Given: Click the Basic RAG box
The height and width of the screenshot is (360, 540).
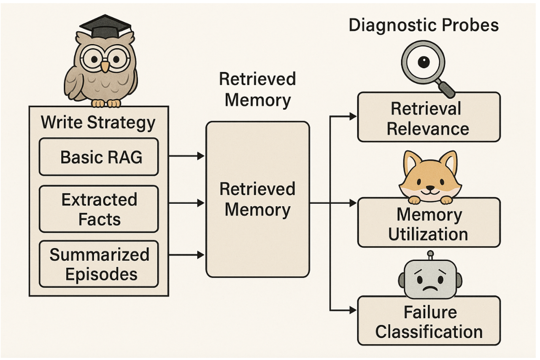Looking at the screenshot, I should point(99,157).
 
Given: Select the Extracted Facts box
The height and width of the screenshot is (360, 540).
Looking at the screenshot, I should point(99,209).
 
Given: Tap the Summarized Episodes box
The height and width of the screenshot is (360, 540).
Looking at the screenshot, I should point(99,264).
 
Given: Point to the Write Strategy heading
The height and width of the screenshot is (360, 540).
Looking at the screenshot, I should point(98,123).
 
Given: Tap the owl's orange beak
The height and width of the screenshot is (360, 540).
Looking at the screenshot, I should point(104,66).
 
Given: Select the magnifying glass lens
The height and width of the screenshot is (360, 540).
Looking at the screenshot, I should point(422,63).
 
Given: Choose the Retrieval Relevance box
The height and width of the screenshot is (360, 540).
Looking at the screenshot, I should point(429,118).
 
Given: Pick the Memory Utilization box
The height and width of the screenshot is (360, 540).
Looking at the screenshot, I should point(429,224).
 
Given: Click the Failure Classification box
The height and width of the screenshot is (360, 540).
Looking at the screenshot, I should point(429,322).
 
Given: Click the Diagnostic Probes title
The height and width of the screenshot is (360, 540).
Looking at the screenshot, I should point(424,26).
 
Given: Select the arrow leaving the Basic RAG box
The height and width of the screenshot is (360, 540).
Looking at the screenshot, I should point(186,157).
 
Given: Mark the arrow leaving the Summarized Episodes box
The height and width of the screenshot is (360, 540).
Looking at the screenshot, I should point(186,254).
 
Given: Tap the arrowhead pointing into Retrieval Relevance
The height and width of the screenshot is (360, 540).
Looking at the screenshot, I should point(353,116).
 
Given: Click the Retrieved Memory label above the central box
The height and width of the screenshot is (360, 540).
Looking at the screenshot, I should point(257,89).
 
